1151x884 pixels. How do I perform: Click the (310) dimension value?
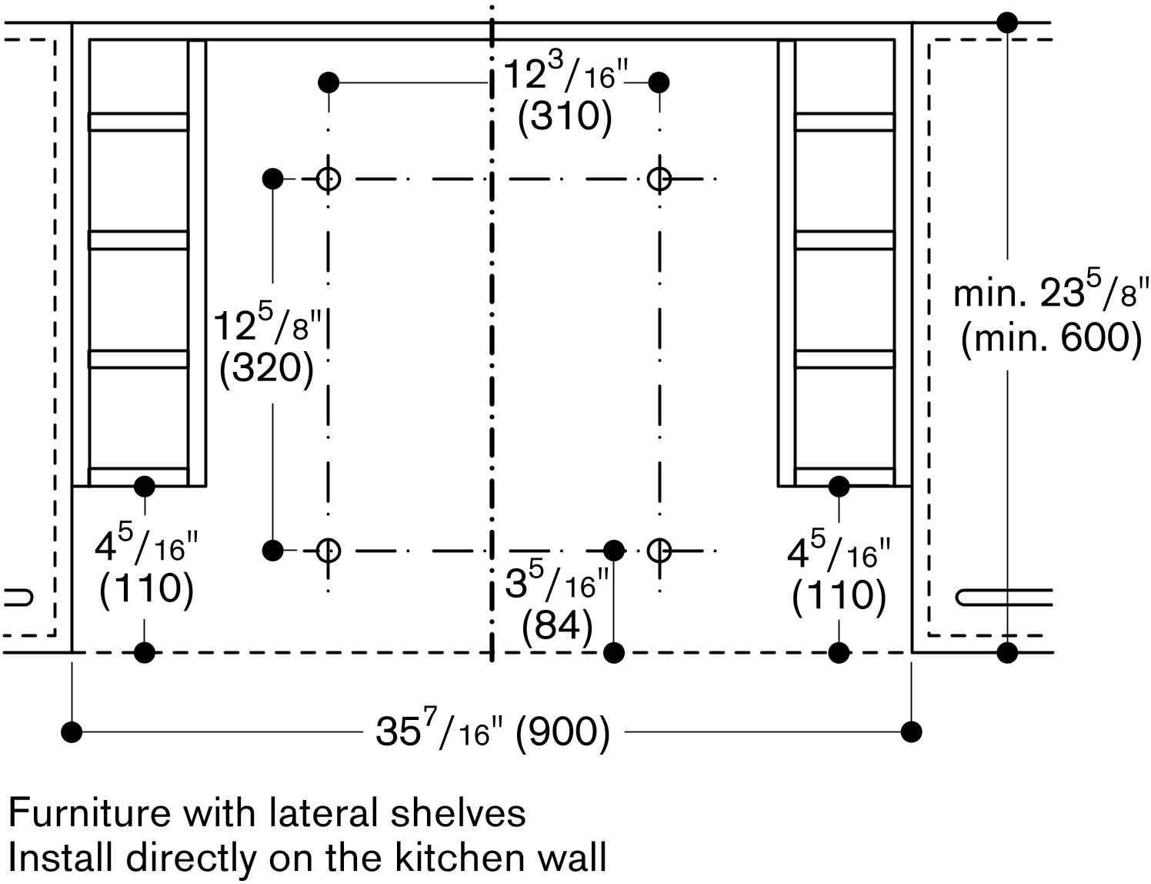[565, 118]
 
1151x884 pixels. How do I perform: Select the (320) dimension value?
[266, 370]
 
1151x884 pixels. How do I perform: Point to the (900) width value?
[562, 731]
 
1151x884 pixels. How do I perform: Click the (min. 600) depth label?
[1051, 337]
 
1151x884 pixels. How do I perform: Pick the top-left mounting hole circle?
[329, 179]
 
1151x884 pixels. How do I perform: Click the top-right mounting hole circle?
[659, 179]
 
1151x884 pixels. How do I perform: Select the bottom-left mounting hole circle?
[329, 550]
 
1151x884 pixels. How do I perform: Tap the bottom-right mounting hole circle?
[659, 550]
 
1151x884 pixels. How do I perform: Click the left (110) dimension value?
[146, 589]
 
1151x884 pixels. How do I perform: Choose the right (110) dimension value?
[839, 597]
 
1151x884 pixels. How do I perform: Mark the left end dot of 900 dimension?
[72, 731]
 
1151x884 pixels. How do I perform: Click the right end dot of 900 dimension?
[912, 731]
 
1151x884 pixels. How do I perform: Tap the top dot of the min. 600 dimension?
[1007, 22]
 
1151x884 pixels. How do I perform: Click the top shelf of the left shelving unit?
[138, 122]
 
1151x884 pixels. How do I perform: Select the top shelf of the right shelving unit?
[845, 122]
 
